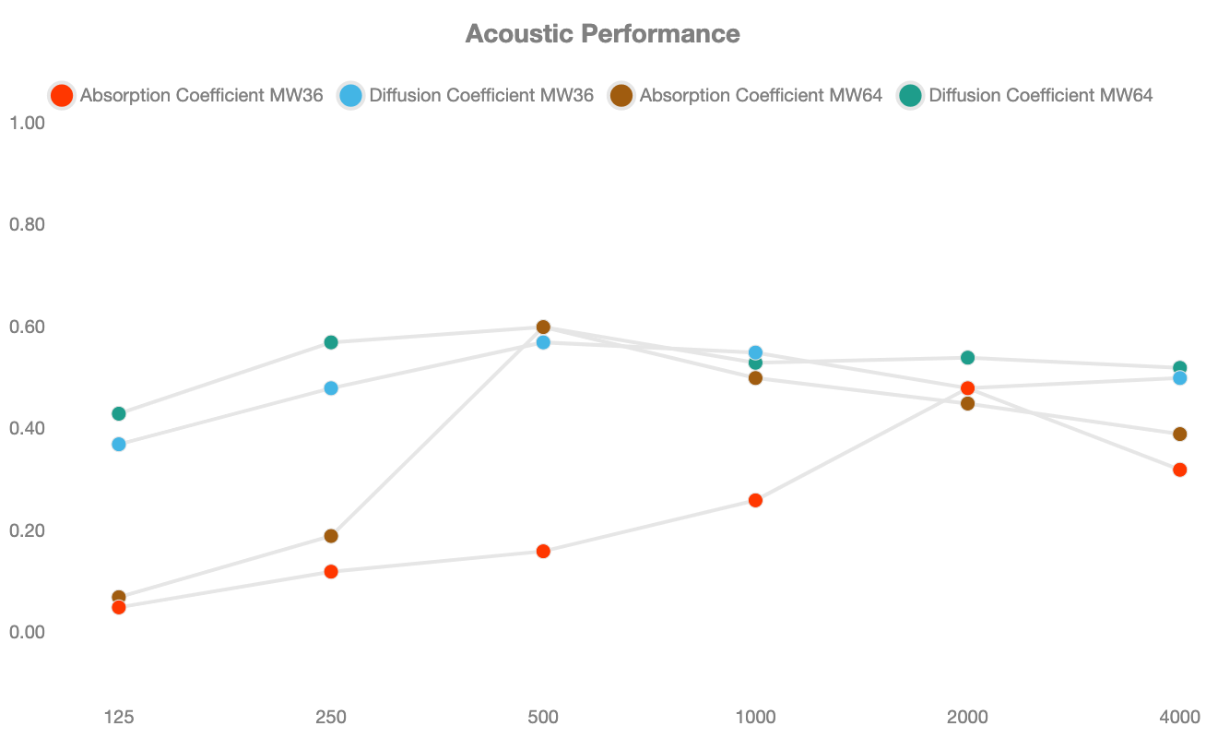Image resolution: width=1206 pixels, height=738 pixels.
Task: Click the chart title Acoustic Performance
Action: (x=602, y=34)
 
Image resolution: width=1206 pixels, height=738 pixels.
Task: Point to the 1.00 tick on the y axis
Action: (x=28, y=123)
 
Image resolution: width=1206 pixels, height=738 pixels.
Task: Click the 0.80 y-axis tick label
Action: (x=28, y=225)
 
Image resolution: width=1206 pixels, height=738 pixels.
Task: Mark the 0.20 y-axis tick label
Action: (x=28, y=530)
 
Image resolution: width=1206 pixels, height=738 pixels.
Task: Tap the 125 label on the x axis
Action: (x=118, y=717)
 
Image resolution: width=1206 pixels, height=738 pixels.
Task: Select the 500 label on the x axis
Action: (x=543, y=717)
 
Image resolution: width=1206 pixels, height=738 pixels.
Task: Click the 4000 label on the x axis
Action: (x=1179, y=717)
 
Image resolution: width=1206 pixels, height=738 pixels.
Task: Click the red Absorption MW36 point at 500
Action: (x=543, y=552)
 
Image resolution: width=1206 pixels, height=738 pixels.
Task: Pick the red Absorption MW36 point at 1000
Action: (x=755, y=500)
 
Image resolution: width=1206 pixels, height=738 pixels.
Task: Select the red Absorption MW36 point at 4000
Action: (x=1179, y=470)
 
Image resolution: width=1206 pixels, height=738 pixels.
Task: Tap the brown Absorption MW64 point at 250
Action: (x=331, y=536)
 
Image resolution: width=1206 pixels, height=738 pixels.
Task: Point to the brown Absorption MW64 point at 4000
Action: (x=1179, y=434)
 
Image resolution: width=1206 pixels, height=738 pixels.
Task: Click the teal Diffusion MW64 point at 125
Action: (x=118, y=413)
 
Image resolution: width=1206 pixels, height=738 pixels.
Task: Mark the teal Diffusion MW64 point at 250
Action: (x=331, y=342)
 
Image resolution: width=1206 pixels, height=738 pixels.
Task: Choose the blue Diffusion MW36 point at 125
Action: (x=118, y=444)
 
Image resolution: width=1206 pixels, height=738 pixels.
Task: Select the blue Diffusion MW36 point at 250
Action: (x=331, y=388)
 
